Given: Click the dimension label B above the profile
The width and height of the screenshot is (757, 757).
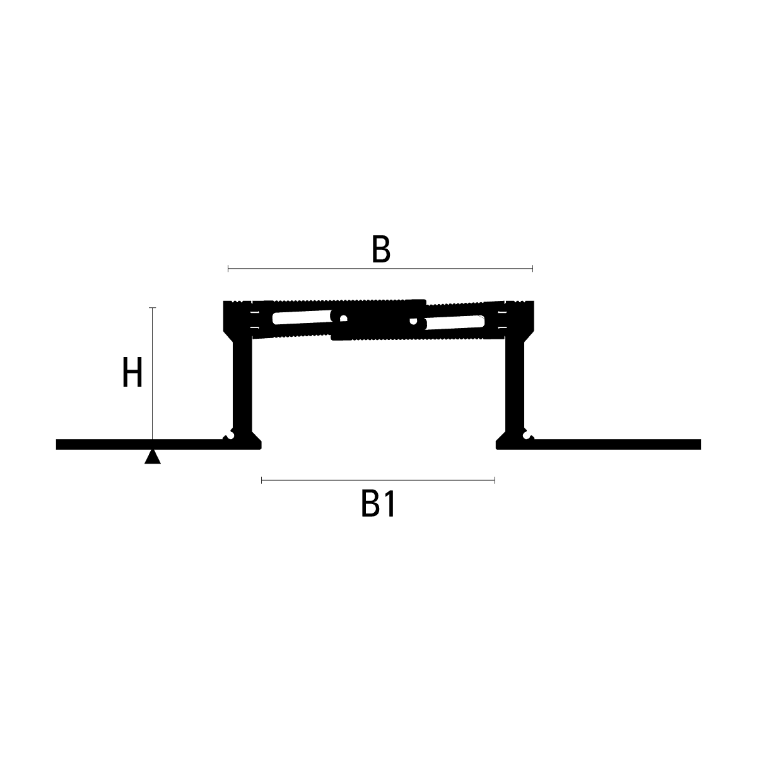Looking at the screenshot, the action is [x=380, y=249].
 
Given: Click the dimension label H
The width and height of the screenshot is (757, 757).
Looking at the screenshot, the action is [x=132, y=372].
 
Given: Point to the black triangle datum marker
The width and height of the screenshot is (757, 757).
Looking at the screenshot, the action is [x=153, y=457].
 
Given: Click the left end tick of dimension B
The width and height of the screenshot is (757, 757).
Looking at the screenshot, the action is [x=228, y=269].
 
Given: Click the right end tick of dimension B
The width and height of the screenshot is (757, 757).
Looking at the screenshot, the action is [x=532, y=269].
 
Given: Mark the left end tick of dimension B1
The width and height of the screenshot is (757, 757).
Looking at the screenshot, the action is [x=262, y=480].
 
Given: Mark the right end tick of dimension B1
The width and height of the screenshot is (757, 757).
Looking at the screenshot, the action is [x=495, y=480].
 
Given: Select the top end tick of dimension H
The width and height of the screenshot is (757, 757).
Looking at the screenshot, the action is [x=153, y=308].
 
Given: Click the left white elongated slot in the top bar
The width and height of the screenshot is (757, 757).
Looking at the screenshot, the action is [x=302, y=317].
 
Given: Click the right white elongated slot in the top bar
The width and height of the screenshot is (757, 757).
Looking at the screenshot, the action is [x=455, y=322].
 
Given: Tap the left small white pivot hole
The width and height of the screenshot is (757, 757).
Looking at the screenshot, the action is [x=343, y=318].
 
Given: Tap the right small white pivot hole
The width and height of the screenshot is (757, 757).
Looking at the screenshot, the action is [x=413, y=321].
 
